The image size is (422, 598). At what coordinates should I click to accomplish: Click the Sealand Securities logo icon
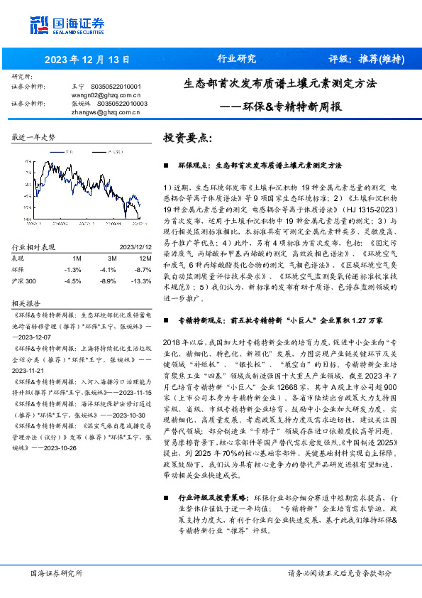coord(39,26)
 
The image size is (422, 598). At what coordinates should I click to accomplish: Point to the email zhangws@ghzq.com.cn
coord(106,111)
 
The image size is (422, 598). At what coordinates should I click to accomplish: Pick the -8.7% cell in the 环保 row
coord(143,270)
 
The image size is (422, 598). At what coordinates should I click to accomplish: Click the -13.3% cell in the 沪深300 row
coord(141,282)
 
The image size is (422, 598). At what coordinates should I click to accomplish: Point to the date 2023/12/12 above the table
coord(135,246)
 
